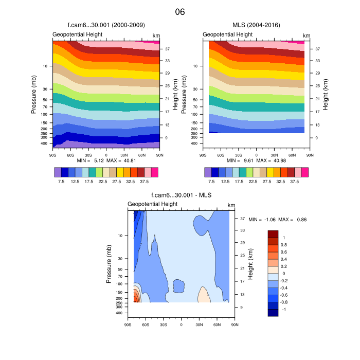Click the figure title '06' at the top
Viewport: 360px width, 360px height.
pos(179,11)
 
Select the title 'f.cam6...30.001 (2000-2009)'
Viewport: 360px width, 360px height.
pos(106,25)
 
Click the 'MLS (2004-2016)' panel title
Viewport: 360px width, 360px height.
pos(256,25)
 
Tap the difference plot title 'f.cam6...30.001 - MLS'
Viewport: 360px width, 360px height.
pos(181,195)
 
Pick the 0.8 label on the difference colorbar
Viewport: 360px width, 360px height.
pos(284,245)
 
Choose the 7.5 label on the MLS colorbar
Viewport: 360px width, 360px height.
pos(212,181)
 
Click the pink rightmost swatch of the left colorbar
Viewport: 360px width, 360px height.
pos(155,172)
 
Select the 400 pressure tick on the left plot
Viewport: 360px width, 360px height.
pos(44,143)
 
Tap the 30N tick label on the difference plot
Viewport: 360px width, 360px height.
pos(199,325)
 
